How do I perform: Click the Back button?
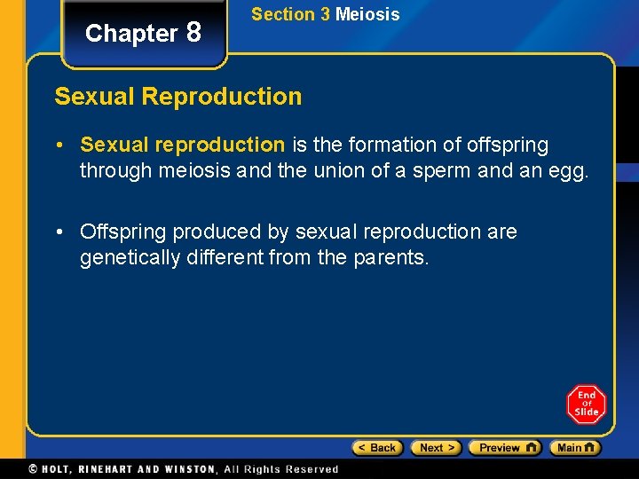pos(377,448)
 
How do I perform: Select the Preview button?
pos(504,448)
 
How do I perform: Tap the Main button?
pos(574,448)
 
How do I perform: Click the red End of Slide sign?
pos(586,404)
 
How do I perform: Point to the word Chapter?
pos(131,34)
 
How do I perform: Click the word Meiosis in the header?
pos(367,14)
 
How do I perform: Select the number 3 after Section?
pos(324,14)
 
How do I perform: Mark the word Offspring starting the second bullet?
pos(123,232)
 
